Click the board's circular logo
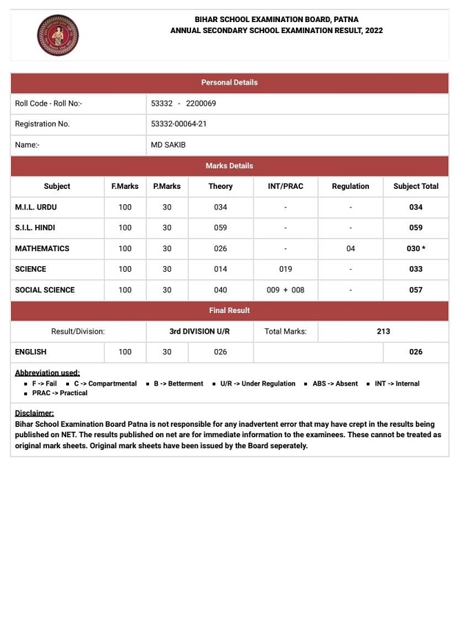58,36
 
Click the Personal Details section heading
229,83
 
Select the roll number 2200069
201,103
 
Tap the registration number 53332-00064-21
179,124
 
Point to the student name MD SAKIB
168,145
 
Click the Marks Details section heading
229,166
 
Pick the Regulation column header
350,186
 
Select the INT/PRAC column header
286,186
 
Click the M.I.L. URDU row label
36,207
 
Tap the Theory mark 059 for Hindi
220,228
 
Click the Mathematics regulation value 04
350,248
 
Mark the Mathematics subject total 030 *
416,248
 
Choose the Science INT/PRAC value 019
286,269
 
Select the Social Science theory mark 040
220,290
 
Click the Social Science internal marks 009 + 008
286,290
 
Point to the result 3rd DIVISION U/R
199,331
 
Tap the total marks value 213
383,331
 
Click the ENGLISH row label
31,352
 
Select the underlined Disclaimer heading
34,413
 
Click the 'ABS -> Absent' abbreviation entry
334,383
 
